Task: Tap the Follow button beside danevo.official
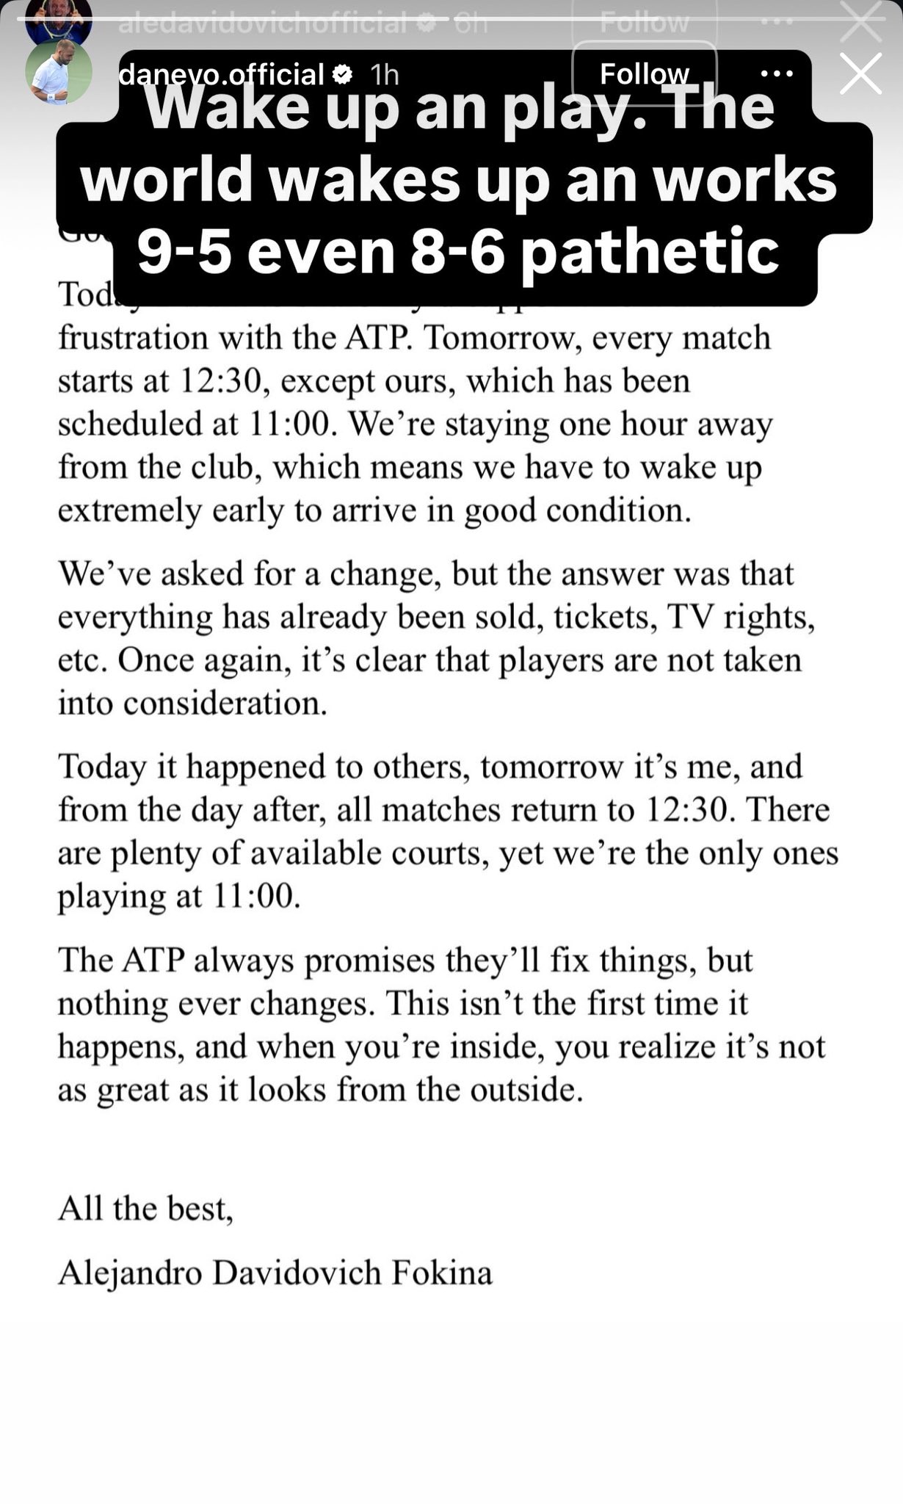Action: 644,73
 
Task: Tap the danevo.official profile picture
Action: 58,73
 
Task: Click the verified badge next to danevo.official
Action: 343,74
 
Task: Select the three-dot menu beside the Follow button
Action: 777,73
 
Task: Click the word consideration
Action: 224,704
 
